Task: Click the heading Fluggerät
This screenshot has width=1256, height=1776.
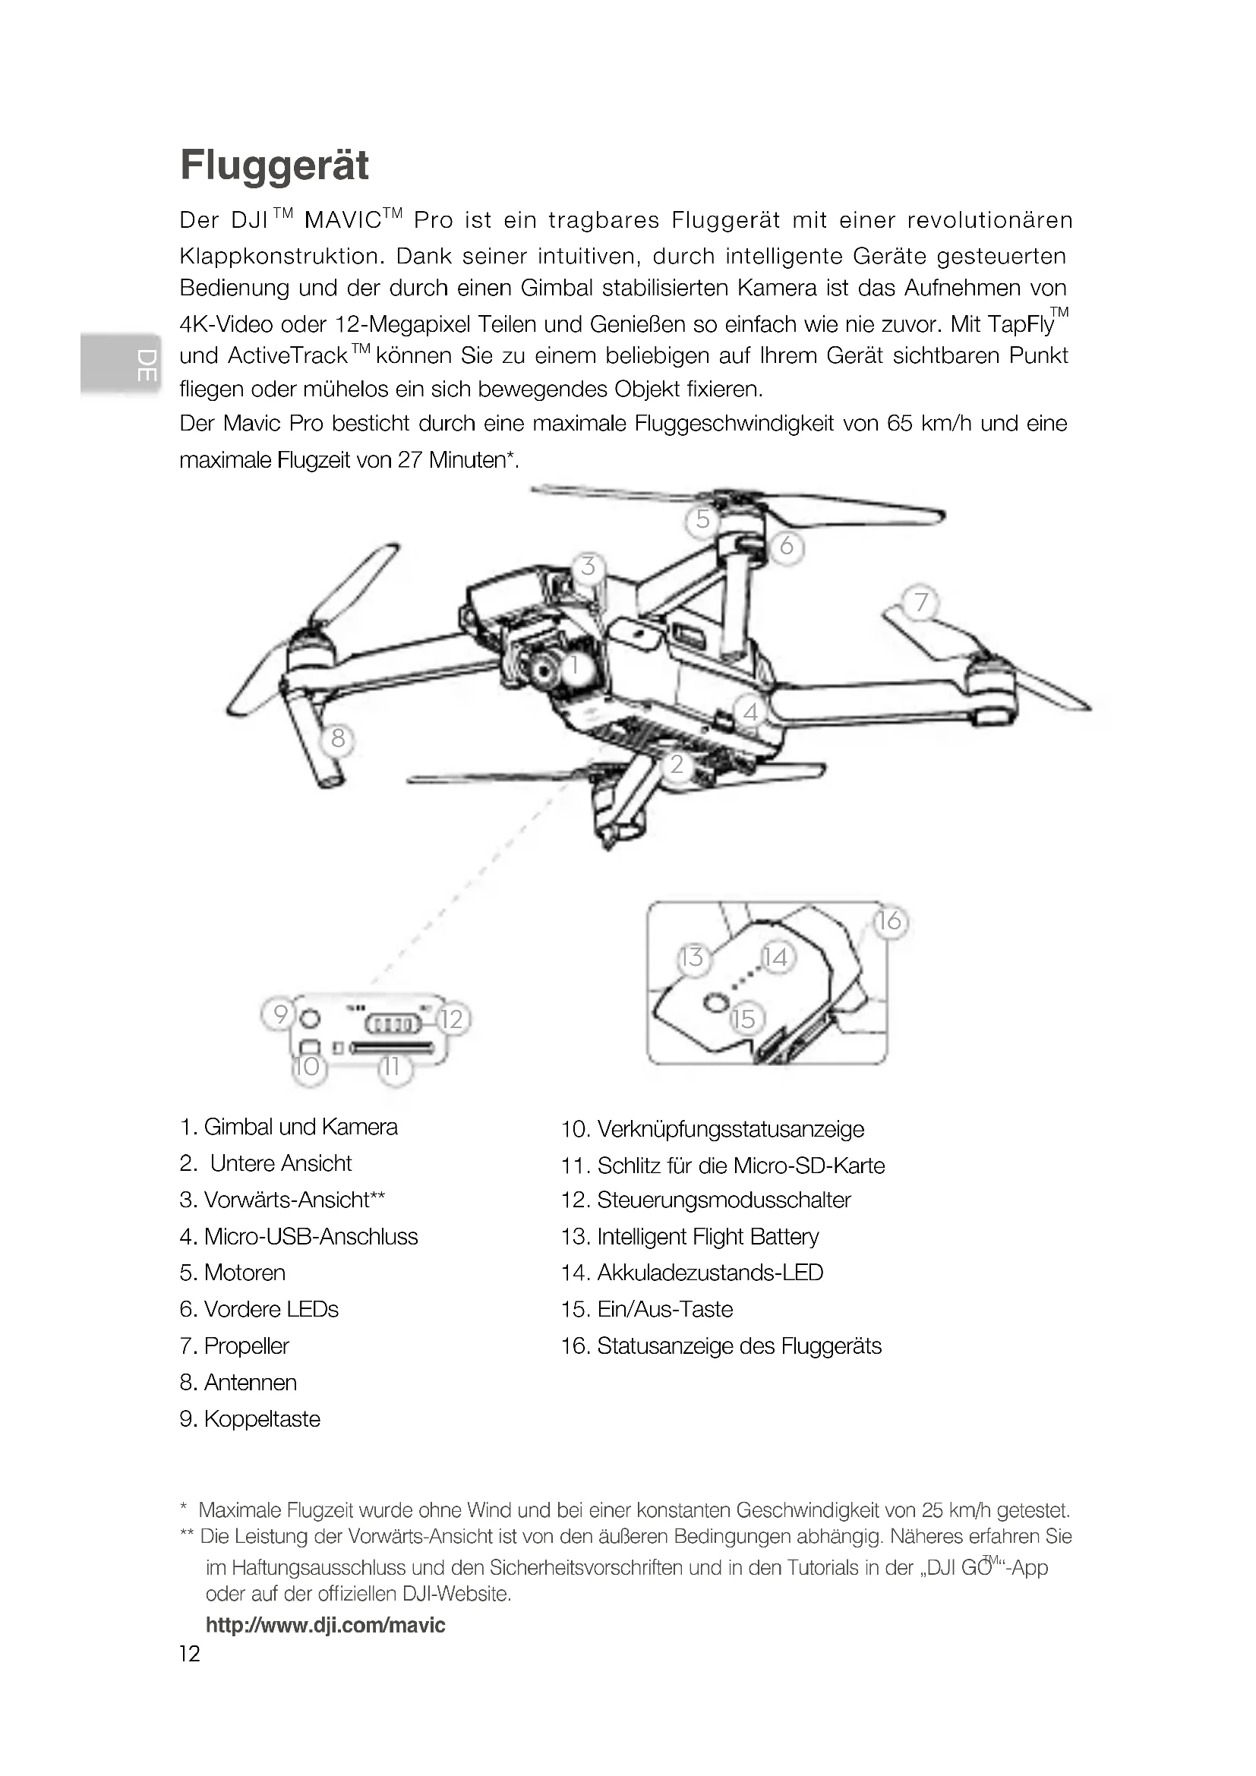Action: click(275, 166)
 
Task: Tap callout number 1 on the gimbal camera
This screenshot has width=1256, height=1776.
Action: click(575, 664)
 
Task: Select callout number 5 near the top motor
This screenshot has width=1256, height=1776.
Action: click(702, 519)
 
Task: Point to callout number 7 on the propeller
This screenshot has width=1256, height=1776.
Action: click(920, 602)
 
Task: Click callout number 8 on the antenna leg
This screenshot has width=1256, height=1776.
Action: click(337, 739)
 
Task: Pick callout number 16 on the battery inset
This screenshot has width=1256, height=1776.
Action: click(889, 920)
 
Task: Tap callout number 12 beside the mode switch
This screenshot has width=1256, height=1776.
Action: click(452, 1019)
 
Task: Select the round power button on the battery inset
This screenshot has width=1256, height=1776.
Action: click(715, 1003)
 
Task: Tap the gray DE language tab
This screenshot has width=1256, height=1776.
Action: click(120, 365)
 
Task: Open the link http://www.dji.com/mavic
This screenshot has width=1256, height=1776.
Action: click(326, 1625)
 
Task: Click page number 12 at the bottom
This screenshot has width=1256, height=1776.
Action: click(190, 1654)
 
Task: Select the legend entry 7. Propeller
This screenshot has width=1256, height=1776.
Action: click(235, 1346)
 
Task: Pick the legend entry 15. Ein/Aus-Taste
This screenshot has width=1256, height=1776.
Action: click(646, 1310)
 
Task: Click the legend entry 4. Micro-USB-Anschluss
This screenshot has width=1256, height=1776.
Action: click(298, 1237)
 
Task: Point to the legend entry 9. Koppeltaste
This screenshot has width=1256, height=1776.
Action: click(250, 1419)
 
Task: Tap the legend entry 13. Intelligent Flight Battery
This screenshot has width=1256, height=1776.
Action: click(690, 1237)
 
